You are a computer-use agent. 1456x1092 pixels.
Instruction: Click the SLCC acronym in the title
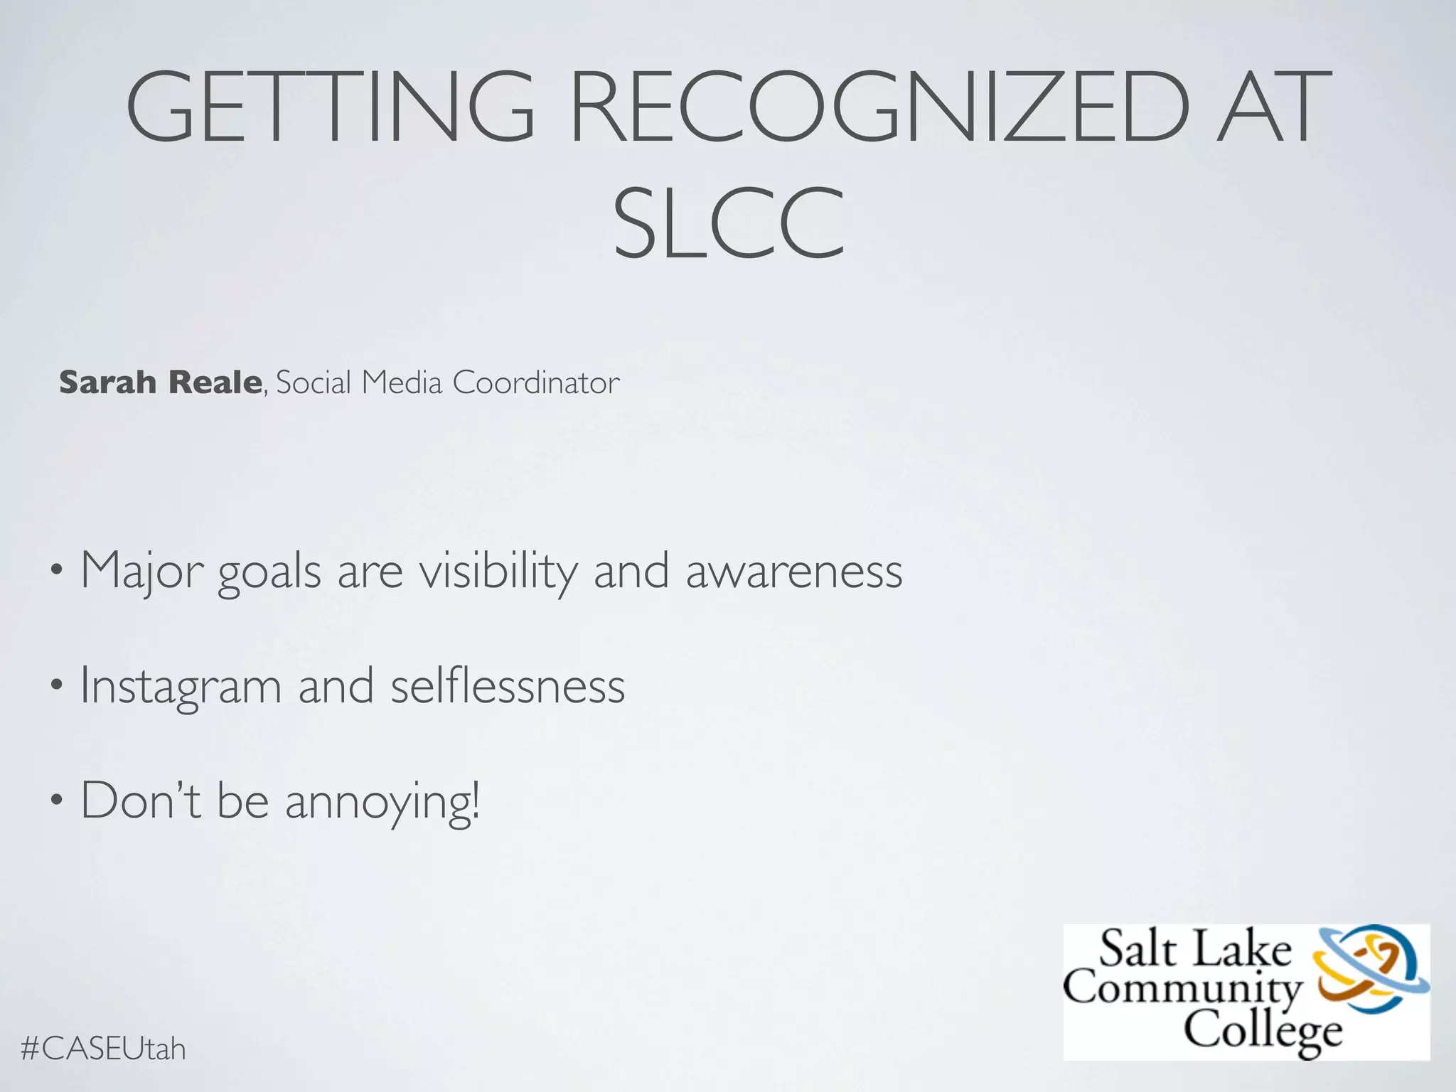(729, 223)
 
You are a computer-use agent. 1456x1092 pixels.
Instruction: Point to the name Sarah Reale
(161, 382)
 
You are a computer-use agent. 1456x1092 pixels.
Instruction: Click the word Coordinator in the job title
(536, 382)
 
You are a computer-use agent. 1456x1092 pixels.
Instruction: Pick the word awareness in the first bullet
(794, 571)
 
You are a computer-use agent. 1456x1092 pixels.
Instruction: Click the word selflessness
(508, 687)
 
